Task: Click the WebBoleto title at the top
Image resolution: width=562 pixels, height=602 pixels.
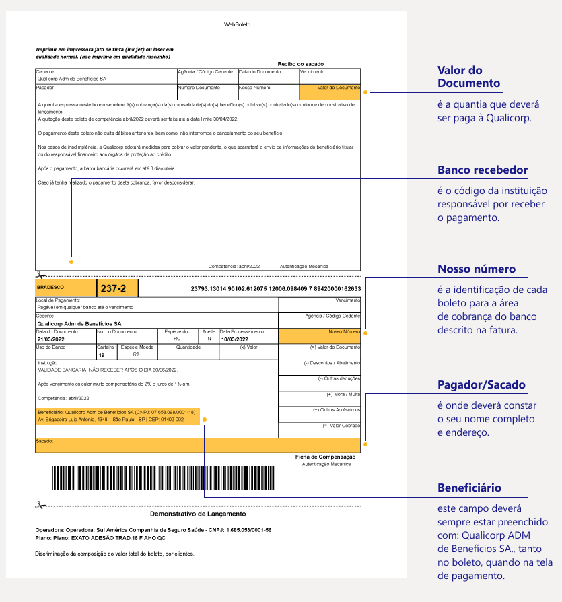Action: coord(237,24)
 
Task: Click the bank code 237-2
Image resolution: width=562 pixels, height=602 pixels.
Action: coord(113,288)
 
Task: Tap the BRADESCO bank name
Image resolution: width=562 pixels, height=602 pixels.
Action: coord(50,287)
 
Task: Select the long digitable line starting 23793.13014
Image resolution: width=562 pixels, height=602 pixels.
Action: coord(276,289)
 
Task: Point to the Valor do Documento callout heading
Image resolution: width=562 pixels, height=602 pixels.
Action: coord(469,77)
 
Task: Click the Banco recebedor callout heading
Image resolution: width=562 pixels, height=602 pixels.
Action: coord(483,170)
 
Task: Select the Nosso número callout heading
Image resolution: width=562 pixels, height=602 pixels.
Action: coord(477,269)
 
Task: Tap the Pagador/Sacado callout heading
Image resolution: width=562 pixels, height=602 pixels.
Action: coord(481,385)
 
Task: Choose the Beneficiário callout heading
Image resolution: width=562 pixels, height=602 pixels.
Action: coord(469,488)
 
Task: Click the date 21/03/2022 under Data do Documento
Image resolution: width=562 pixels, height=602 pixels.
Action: coord(50,339)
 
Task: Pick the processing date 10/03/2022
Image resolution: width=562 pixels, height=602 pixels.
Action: coord(234,339)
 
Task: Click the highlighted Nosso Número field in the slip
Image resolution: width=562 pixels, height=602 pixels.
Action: coord(319,335)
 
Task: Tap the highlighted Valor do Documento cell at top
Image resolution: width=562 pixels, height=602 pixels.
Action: coord(330,92)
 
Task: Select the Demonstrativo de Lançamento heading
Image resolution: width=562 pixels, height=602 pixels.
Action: coord(199,514)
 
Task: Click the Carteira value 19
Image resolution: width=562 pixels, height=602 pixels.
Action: coord(101,354)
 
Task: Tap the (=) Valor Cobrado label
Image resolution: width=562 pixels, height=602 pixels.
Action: coord(341,425)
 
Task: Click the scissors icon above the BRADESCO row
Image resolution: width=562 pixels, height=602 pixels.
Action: coord(40,275)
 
